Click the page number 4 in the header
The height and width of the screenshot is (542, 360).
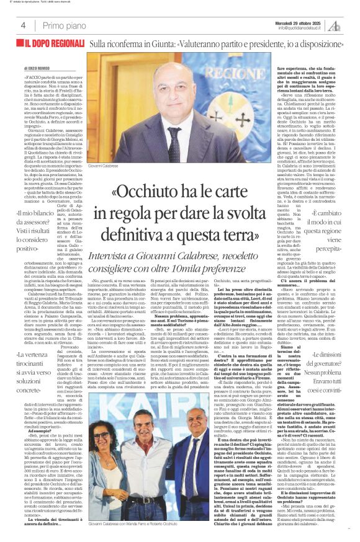22,25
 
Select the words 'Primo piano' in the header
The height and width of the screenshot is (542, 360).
63,25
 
